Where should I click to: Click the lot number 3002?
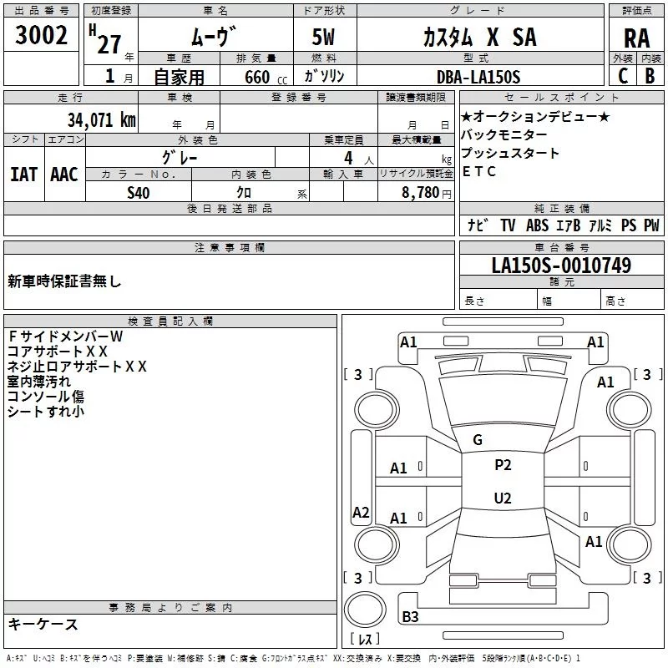pos(41,35)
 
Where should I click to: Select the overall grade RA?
pos(636,38)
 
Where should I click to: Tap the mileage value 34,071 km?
pos(102,119)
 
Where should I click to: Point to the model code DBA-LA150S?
pos(478,77)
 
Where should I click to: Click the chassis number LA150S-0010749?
pos(561,265)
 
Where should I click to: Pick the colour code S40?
pos(138,193)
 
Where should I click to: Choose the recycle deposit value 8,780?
pos(420,193)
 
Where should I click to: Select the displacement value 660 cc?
pos(266,77)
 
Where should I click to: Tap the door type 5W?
pos(323,37)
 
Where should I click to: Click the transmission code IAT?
pos(24,175)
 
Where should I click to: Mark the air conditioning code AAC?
pos(64,175)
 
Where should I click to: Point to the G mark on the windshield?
pos(478,440)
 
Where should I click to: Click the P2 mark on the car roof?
pos(503,465)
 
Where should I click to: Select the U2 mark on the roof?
pos(503,498)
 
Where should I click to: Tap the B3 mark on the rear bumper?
pos(410,616)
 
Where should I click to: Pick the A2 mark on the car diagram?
pos(361,512)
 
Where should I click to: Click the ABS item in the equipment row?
pos(537,225)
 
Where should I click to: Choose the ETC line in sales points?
pos(478,171)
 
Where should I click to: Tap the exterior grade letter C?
pos(623,76)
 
